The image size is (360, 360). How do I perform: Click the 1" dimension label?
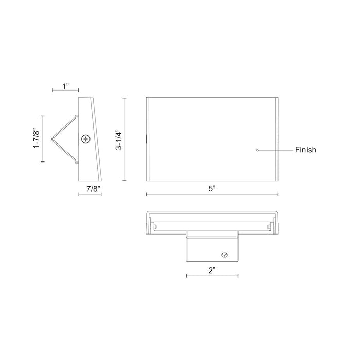click(x=65, y=86)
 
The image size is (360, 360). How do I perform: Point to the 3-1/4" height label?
click(x=119, y=139)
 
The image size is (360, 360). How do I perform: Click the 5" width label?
click(x=211, y=188)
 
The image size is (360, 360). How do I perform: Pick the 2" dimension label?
click(x=211, y=269)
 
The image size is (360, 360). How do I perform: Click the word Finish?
click(x=305, y=150)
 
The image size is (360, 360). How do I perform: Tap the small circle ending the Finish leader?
click(x=257, y=150)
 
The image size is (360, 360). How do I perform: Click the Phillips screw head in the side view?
click(x=85, y=139)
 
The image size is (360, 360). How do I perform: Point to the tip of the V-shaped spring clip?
click(x=52, y=139)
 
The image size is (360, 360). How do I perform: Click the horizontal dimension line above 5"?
click(x=212, y=194)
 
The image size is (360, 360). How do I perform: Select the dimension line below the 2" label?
click(x=211, y=276)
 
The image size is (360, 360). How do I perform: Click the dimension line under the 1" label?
click(x=65, y=91)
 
